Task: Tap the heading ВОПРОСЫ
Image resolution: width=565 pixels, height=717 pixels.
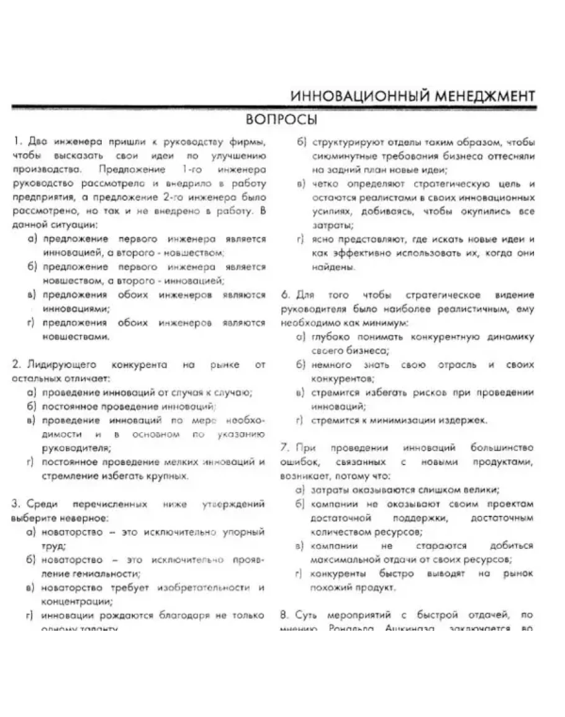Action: pos(281,119)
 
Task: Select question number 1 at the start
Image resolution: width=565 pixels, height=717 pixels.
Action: pos(16,143)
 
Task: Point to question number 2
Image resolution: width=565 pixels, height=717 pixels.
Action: pos(16,364)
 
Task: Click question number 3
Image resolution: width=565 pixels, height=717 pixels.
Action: pos(16,504)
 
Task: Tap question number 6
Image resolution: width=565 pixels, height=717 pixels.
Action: pos(284,295)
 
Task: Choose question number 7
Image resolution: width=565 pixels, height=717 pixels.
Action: pos(284,448)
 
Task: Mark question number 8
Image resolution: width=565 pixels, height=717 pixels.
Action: pos(284,615)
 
